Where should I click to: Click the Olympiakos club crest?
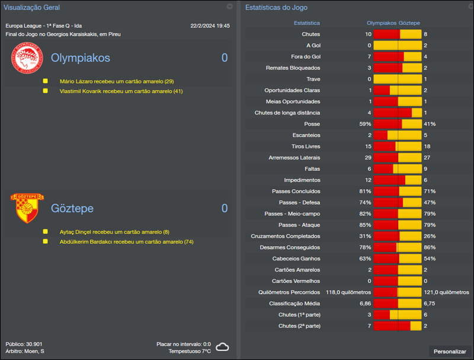point(27,59)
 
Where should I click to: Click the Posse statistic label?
point(312,124)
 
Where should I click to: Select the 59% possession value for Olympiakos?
point(365,124)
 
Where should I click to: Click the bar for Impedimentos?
point(397,180)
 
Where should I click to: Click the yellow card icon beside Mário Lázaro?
point(45,81)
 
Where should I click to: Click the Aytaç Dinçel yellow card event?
point(114,232)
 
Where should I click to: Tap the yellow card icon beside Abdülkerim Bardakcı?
point(45,242)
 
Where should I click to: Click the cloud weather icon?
point(223,347)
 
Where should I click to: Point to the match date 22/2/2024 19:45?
point(210,26)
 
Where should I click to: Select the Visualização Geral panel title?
point(32,7)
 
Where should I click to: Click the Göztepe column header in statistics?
point(409,23)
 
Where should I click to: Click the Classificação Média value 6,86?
point(366,303)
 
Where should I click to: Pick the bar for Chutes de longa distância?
point(397,113)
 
